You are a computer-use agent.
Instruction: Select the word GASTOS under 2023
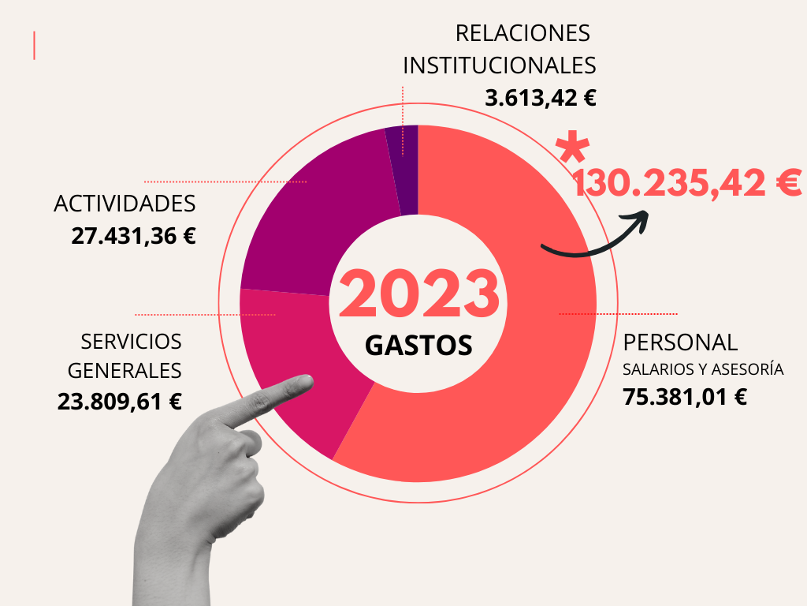(418, 345)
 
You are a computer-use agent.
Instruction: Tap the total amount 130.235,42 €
(686, 184)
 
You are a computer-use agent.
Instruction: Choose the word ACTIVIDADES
(125, 204)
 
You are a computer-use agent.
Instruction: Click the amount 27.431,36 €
(133, 236)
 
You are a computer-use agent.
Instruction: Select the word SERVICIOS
(131, 342)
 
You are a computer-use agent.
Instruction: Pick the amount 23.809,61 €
(120, 402)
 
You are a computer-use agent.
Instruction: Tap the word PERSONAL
(680, 342)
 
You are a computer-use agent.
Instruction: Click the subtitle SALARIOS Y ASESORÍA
(703, 369)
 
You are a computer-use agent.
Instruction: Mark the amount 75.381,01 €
(685, 397)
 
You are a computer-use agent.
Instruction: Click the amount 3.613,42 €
(541, 99)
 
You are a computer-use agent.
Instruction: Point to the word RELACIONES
(523, 33)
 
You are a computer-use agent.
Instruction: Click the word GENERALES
(125, 370)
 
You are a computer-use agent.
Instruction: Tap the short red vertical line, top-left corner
(35, 46)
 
